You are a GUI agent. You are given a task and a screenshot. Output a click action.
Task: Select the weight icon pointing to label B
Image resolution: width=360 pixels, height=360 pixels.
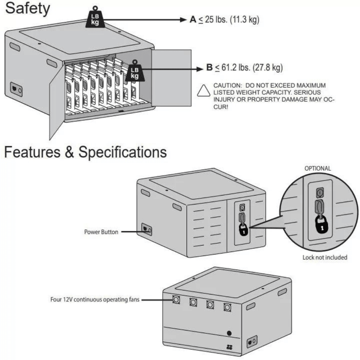[x=134, y=72]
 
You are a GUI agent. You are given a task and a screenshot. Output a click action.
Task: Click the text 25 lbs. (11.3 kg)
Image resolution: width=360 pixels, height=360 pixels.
[x=232, y=19]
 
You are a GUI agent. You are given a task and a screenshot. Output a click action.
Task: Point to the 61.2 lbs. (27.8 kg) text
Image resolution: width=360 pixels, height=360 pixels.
[x=252, y=68]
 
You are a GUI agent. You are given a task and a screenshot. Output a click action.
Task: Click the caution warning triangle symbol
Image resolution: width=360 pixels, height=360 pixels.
[x=203, y=91]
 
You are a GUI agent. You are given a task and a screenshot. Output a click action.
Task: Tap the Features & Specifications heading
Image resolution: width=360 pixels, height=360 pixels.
[x=86, y=152]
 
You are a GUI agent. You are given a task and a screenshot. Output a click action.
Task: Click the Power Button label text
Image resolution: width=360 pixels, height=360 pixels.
[x=101, y=232]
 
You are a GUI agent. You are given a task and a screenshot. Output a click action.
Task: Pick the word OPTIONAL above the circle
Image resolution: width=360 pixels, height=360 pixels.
[x=318, y=168]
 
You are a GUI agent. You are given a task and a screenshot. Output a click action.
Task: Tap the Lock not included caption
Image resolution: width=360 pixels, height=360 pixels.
[x=325, y=257]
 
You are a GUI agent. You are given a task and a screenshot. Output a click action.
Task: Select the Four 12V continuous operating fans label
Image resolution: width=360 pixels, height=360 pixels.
[x=95, y=299]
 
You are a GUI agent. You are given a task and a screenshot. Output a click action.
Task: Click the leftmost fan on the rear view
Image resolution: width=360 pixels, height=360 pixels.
[x=176, y=300]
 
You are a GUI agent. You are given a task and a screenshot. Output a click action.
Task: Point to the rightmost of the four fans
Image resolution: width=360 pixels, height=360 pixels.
[x=227, y=307]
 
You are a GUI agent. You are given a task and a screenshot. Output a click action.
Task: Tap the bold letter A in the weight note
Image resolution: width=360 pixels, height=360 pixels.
[x=193, y=19]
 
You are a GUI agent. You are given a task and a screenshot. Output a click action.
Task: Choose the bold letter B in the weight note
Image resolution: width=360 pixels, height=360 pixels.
[x=210, y=68]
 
